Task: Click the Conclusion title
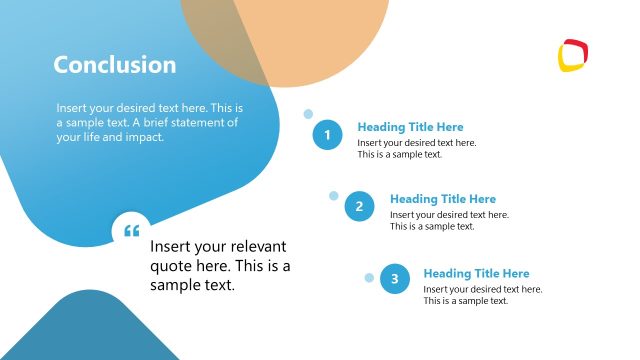pos(114,65)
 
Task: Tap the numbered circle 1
pos(327,134)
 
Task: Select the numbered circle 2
pos(360,207)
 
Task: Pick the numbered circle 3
pos(394,280)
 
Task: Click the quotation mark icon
pos(131,231)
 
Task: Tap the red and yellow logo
pos(574,55)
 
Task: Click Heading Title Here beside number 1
pos(410,127)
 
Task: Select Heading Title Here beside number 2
pos(442,199)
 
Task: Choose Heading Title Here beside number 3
pos(476,273)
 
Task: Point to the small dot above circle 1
pos(308,114)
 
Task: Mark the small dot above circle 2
pos(334,196)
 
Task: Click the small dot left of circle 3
pos(369,277)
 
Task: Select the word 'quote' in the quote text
pos(171,266)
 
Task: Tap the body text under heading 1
pos(416,148)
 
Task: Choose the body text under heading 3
pos(482,294)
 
